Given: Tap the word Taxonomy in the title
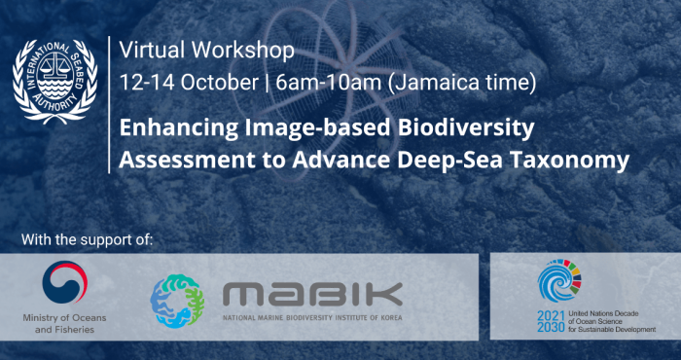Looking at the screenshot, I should [570, 156].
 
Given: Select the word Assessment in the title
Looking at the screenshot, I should [175, 156].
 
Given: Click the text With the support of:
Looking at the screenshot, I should [88, 238].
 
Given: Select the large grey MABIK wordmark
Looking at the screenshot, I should [312, 295].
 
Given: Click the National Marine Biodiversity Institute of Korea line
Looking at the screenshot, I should [312, 317].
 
